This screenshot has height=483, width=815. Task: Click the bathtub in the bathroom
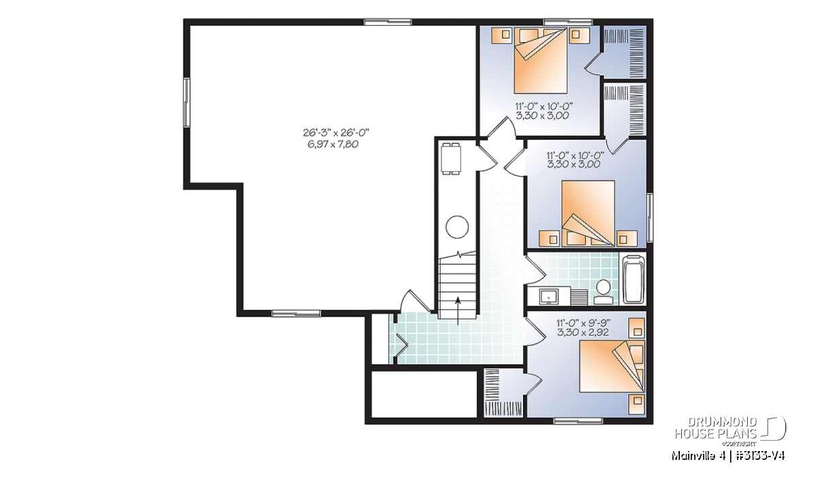(634, 279)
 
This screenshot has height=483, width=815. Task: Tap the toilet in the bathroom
(603, 292)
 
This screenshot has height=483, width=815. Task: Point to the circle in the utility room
(457, 227)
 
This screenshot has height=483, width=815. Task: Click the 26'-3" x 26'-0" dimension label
(336, 132)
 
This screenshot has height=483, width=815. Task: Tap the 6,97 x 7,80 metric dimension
(333, 145)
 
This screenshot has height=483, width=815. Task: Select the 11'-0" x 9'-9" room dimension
(583, 323)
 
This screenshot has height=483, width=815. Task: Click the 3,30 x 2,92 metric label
(583, 332)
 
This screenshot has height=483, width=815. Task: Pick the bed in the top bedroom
(541, 60)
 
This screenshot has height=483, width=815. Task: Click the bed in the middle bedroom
(588, 213)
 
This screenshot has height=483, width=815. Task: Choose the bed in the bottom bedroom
(612, 366)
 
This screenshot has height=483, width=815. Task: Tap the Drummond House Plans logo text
(716, 428)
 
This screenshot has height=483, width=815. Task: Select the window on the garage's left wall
(187, 103)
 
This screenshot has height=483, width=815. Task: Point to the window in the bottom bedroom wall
(578, 421)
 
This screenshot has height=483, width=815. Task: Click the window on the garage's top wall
(388, 22)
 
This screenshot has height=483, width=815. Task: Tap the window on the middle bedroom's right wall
(650, 217)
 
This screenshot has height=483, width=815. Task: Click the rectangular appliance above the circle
(451, 159)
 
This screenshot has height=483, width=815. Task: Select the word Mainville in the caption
(690, 456)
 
